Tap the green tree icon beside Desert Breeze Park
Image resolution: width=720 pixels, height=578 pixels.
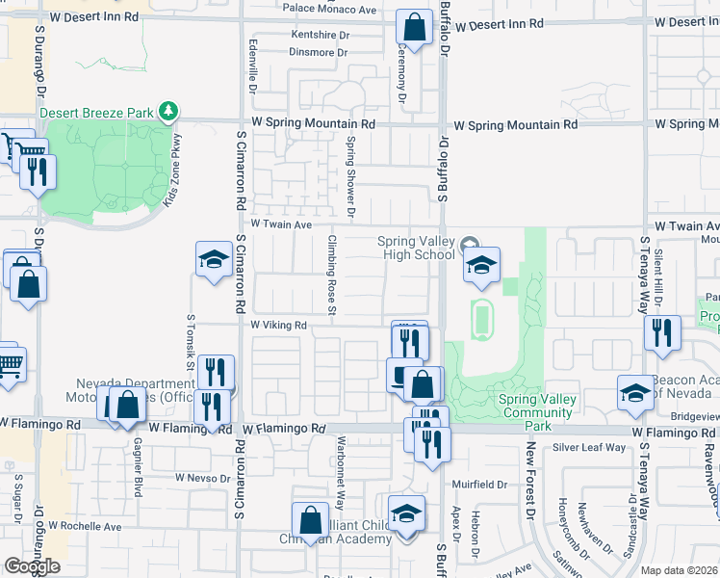point(169,113)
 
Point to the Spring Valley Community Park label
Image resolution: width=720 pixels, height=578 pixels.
point(537,406)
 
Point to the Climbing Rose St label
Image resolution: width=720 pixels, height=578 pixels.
point(331,275)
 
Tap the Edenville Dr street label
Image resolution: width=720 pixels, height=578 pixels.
point(252,66)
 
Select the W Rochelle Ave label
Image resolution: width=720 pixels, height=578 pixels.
point(86,527)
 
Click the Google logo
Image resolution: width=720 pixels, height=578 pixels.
point(32,565)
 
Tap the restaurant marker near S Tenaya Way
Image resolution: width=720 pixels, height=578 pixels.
point(661,332)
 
